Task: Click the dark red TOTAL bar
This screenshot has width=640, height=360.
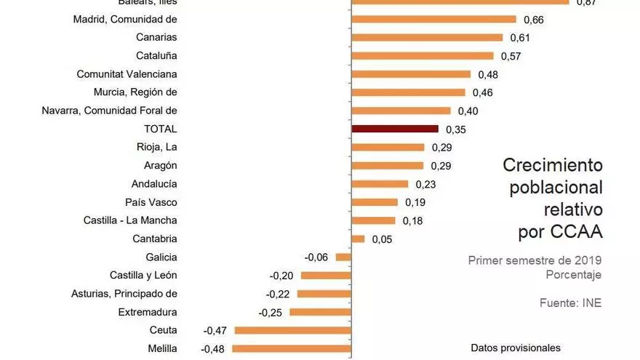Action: pos(395,129)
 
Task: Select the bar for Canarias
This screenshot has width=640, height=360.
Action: pos(427,37)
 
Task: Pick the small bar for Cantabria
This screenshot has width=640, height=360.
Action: pos(358,239)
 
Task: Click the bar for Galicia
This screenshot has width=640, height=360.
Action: pos(343,257)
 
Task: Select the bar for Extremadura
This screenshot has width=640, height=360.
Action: pos(320,312)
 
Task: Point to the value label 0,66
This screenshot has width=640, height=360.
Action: pos(533,19)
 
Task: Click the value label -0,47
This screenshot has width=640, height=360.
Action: pos(215,330)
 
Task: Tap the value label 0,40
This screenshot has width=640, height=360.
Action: pos(468,111)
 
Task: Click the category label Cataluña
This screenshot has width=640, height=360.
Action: pos(156,55)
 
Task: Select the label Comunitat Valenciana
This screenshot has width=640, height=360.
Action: pos(127,73)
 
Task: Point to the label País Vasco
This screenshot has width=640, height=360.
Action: pos(151,202)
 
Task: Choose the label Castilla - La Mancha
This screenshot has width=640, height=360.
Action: pos(130,220)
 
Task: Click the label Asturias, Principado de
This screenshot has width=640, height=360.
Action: pos(124,294)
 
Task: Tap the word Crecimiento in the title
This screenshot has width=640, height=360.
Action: pos(553,165)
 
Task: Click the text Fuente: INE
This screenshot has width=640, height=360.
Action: pos(571,303)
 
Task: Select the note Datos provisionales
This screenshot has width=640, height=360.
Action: pos(516,348)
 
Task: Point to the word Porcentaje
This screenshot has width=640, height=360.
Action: pos(574,274)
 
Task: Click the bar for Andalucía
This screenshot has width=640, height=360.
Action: pos(380,184)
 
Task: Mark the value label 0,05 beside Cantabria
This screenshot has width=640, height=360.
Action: pos(382,239)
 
